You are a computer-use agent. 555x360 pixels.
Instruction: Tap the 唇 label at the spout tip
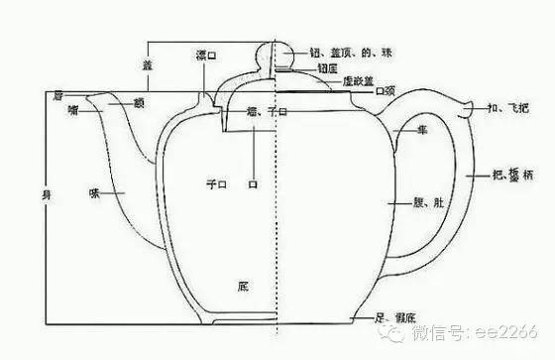coord(57,95)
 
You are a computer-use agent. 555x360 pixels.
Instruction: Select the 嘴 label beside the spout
coord(74,109)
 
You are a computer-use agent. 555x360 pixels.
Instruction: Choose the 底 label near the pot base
coord(244,286)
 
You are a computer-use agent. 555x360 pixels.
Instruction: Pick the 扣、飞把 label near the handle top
coord(504,107)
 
